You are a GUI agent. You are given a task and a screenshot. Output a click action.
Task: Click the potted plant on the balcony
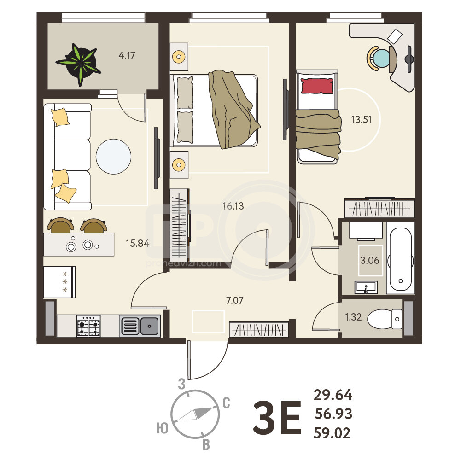(79, 64)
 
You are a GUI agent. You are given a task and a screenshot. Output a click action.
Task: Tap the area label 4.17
(127, 55)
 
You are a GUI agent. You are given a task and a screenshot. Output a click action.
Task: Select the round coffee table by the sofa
(113, 157)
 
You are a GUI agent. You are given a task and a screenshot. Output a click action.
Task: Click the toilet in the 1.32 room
(385, 319)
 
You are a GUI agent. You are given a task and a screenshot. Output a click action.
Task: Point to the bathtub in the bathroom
(400, 259)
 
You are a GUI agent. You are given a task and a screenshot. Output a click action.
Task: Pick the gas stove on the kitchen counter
(88, 326)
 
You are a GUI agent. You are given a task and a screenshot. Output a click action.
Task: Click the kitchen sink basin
(149, 326)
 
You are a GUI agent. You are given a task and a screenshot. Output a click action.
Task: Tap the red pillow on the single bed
(317, 86)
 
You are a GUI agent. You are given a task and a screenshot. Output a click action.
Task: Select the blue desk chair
(382, 58)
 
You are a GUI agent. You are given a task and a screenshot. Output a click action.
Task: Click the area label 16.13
(233, 206)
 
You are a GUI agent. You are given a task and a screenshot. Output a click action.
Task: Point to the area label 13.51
(362, 119)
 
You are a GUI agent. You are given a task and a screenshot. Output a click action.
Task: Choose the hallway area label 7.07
(234, 300)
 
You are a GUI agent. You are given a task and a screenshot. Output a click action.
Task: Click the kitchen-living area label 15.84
(137, 243)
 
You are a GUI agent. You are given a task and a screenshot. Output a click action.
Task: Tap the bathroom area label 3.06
(369, 260)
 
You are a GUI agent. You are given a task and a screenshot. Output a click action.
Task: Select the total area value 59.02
(332, 433)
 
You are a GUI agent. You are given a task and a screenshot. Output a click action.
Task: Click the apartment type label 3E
(277, 417)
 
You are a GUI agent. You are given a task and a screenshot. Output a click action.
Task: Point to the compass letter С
(226, 403)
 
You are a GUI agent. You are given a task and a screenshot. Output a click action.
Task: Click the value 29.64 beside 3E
(333, 395)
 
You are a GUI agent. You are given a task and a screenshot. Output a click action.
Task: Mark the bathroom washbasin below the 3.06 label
(366, 287)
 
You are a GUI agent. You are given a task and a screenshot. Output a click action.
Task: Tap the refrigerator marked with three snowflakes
(59, 282)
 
